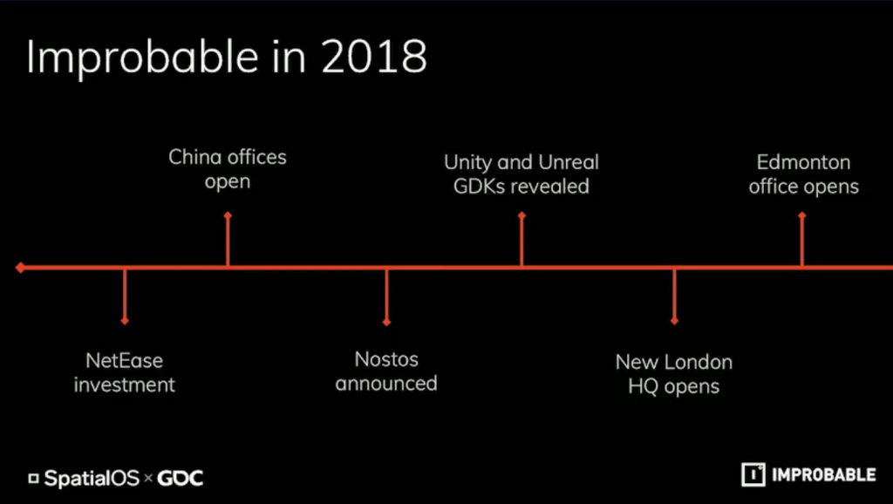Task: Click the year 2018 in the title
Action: pyautogui.click(x=373, y=57)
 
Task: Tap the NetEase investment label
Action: pyautogui.click(x=124, y=372)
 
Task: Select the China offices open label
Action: pyautogui.click(x=228, y=169)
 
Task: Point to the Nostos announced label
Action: pyautogui.click(x=386, y=371)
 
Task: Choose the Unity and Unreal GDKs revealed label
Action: pyautogui.click(x=521, y=174)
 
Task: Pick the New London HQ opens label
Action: pyautogui.click(x=674, y=374)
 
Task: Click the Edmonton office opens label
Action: pyautogui.click(x=803, y=174)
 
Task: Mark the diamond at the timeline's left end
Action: pyautogui.click(x=21, y=267)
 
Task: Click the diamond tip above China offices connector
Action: pyautogui.click(x=228, y=215)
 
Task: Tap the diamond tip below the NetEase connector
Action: pyautogui.click(x=125, y=321)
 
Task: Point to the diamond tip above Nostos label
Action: pyautogui.click(x=386, y=323)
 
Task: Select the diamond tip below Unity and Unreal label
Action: pyautogui.click(x=521, y=215)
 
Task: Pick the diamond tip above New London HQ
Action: pyautogui.click(x=674, y=321)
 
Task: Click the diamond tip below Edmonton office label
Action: pyautogui.click(x=802, y=215)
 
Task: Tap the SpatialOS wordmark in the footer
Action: pyautogui.click(x=92, y=478)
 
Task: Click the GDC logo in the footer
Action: pyautogui.click(x=180, y=478)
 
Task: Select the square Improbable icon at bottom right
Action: pyautogui.click(x=753, y=475)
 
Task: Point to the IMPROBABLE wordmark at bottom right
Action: pyautogui.click(x=823, y=475)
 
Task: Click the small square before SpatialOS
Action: pyautogui.click(x=34, y=479)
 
